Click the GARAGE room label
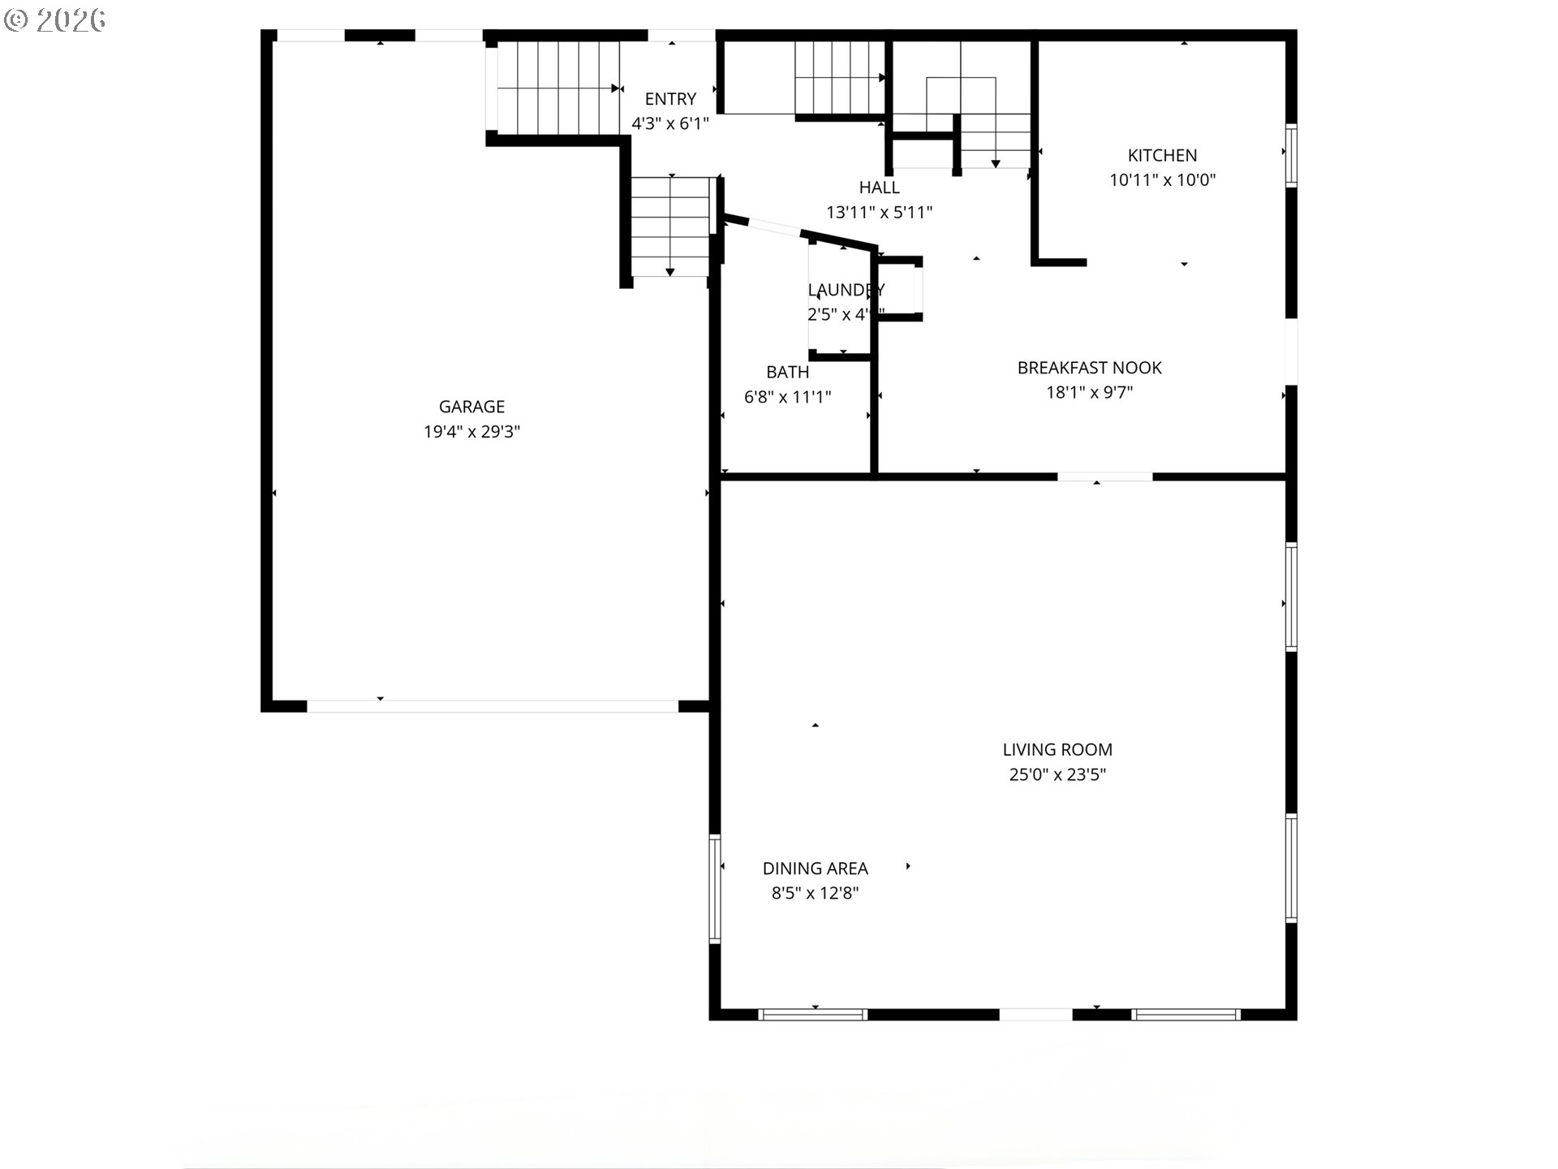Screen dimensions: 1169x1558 [471, 407]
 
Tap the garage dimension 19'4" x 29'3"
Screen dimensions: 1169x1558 [471, 432]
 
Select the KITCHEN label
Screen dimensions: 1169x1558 [1162, 155]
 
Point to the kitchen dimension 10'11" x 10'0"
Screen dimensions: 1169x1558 [1162, 180]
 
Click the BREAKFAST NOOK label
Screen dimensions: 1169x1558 [1089, 368]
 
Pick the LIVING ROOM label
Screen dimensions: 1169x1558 [1057, 750]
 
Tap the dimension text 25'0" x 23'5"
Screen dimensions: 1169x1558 [1057, 775]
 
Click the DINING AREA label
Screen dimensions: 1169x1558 [815, 869]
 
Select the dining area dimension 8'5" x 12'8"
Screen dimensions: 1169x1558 [815, 894]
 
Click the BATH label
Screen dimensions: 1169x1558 [787, 373]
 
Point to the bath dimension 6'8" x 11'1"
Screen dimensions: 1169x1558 [787, 397]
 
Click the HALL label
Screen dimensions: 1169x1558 [879, 188]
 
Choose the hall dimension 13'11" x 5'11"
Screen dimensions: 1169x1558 [879, 213]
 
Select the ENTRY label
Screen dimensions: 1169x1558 [670, 99]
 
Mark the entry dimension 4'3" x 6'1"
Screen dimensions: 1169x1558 [670, 124]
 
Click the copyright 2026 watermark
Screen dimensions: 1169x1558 [55, 19]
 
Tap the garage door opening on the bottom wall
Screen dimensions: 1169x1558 [492, 706]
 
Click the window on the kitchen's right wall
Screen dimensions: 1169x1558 [1290, 155]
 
